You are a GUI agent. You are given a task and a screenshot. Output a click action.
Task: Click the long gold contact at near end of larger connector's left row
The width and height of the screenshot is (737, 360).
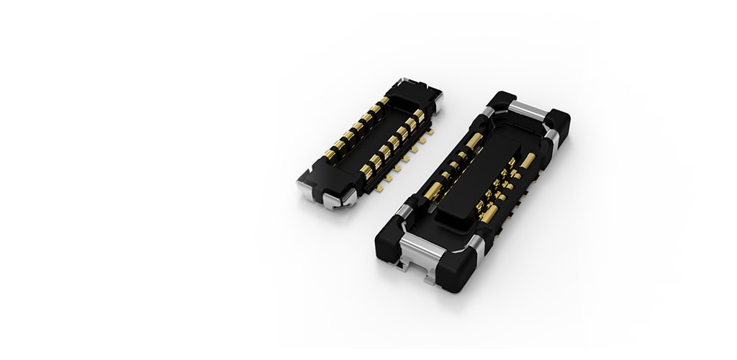point(433,191)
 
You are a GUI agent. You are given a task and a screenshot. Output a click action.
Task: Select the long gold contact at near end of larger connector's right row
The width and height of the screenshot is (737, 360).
point(489,214)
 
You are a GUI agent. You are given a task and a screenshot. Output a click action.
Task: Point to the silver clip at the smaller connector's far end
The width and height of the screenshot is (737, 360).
point(436,101)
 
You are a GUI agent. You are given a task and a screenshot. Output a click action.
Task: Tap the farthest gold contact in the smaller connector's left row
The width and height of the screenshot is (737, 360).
point(383,102)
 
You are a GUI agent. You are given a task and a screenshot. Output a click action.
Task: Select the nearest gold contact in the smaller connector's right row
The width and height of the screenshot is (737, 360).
point(366,171)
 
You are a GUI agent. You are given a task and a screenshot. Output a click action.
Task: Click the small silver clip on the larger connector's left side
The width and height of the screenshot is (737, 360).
point(404,210)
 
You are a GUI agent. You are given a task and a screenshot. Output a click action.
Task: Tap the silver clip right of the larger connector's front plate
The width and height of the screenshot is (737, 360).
point(476,248)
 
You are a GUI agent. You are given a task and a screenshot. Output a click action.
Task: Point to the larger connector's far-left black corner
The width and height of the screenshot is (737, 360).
point(501,100)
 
